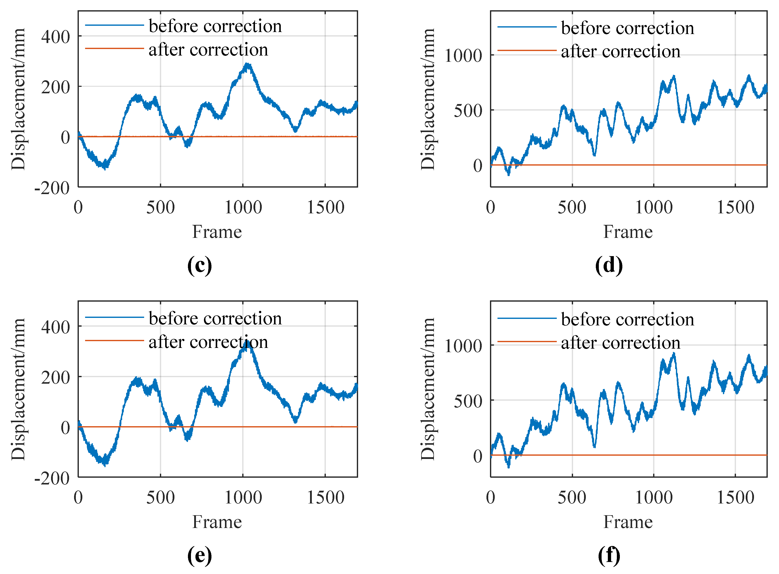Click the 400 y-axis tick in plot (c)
55,37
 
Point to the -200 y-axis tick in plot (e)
52,478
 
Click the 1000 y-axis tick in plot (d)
463,56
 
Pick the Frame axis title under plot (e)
217,522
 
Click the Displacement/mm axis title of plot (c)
18,99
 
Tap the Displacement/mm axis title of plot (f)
428,389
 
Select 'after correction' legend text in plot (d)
621,52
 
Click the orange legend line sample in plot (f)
527,342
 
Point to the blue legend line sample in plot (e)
114,317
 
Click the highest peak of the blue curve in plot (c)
247,65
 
